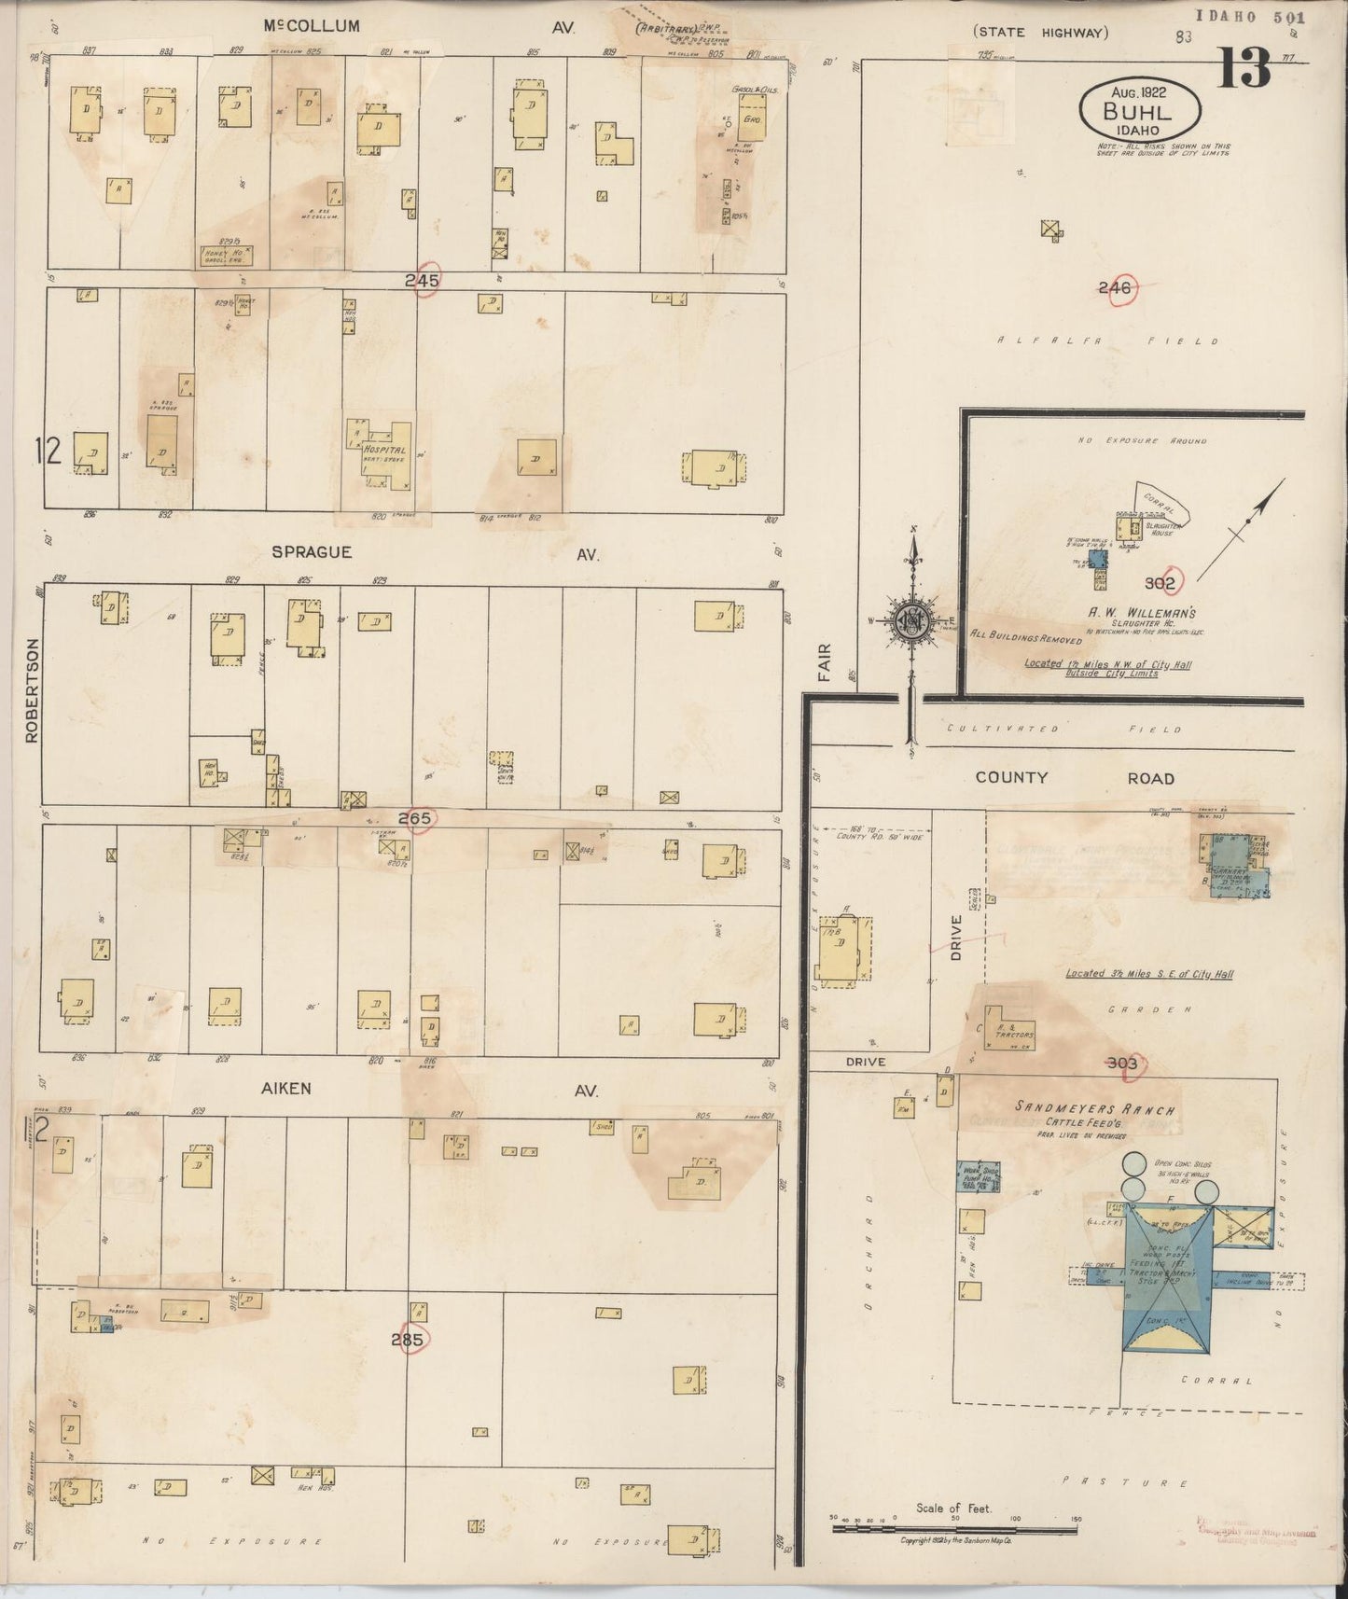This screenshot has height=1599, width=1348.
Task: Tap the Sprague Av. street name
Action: point(312,552)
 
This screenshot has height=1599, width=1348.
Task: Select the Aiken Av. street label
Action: point(285,1088)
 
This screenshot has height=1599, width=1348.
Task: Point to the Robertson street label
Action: point(34,690)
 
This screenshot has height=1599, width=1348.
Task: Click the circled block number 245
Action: point(423,279)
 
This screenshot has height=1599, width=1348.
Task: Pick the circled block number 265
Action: point(415,818)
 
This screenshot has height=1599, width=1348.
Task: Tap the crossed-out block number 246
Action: point(1115,288)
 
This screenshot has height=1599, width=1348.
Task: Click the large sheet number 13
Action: point(1244,66)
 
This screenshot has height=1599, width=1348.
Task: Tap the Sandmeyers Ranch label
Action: point(1094,1109)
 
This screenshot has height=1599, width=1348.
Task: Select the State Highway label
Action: point(1040,33)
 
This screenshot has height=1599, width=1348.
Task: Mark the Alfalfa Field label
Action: point(1106,341)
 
